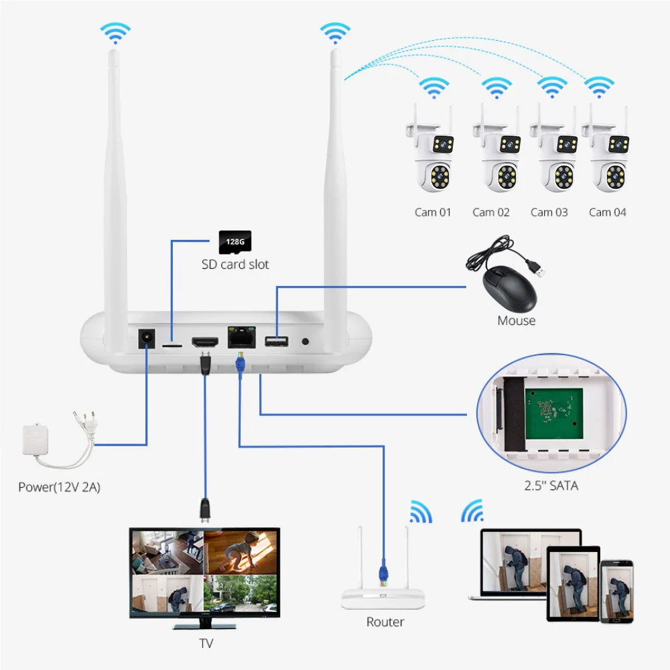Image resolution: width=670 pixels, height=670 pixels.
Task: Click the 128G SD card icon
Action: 234,242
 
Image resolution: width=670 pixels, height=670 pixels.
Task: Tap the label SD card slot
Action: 235,265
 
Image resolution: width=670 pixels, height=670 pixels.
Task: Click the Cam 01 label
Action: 433,212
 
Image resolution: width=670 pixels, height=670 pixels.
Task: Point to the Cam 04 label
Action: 608,212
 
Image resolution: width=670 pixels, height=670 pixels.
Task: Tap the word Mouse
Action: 516,321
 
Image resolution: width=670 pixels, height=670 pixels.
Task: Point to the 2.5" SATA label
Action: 551,486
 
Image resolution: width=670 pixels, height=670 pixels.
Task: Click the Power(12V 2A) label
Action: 59,487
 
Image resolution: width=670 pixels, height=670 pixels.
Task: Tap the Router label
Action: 385,622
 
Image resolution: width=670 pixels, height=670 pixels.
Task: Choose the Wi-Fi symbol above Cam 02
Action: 496,87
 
